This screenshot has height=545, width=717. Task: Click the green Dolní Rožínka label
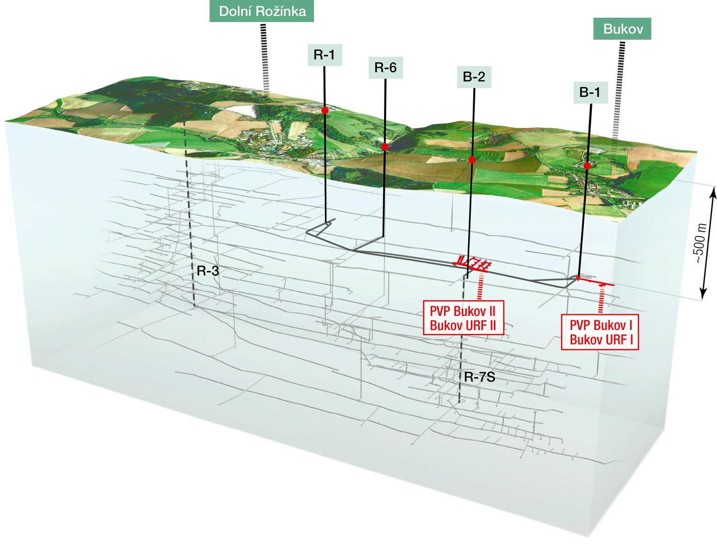click(262, 11)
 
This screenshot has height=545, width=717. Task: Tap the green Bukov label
click(623, 29)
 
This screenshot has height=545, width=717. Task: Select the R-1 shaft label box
click(324, 54)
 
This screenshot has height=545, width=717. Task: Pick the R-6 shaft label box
click(385, 67)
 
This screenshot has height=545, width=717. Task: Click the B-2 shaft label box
click(474, 77)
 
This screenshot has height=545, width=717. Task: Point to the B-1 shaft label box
click(590, 92)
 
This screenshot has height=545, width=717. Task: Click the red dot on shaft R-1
click(325, 110)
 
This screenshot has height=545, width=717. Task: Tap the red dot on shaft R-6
click(385, 147)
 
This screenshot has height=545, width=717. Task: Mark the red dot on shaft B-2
click(472, 160)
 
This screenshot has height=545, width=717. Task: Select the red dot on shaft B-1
click(587, 166)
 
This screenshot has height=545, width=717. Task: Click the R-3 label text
click(208, 271)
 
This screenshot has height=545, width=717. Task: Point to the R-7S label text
click(479, 377)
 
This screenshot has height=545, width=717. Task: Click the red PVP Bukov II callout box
click(463, 318)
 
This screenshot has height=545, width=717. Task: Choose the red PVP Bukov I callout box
click(600, 332)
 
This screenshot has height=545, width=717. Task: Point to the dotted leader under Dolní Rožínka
click(264, 58)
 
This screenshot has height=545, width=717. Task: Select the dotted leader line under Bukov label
click(618, 91)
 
